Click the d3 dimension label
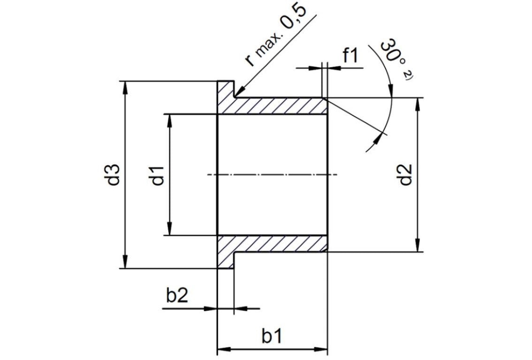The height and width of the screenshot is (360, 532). click(114, 174)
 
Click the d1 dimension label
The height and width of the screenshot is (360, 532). click(157, 175)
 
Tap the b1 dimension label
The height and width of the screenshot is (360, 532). click(272, 337)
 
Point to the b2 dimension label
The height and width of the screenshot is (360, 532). click(178, 297)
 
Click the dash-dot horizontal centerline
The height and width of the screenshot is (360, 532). click(272, 175)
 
